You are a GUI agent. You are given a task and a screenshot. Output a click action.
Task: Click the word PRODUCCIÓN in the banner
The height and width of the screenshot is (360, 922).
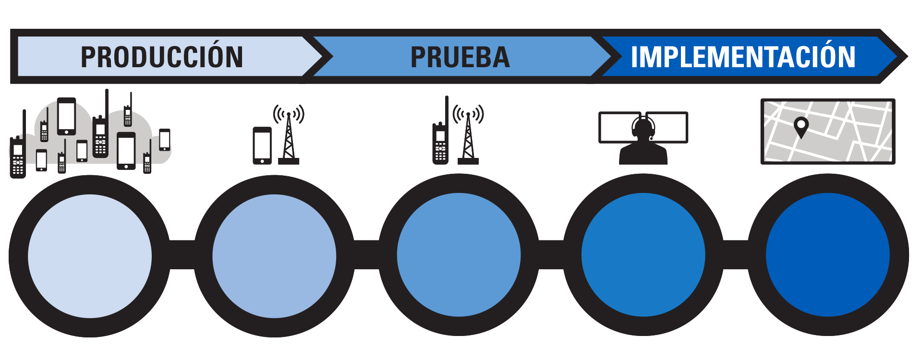pos(162,57)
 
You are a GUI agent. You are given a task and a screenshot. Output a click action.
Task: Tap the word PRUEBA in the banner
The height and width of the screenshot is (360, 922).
pos(460,57)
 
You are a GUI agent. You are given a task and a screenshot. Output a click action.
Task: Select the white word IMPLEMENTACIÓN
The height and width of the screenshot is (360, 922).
pos(743,57)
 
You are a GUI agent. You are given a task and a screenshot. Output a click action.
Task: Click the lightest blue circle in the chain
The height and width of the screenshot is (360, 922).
pos(90,256)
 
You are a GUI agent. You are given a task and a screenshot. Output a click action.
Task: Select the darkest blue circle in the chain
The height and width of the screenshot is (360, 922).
pos(827,255)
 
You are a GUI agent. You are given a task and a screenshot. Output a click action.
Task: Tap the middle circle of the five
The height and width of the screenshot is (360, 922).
pos(459,255)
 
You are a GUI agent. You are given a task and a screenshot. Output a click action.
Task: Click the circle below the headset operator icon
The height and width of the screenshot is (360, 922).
pos(643,255)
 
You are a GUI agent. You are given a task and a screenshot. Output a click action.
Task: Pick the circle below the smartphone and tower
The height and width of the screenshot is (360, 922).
pos(274,256)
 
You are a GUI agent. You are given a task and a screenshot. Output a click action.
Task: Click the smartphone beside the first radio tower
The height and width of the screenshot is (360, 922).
pos(262,145)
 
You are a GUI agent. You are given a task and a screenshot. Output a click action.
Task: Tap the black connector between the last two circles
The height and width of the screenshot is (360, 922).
pos(736,255)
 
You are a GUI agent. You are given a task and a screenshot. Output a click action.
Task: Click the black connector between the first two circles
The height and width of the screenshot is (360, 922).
pos(182,255)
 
